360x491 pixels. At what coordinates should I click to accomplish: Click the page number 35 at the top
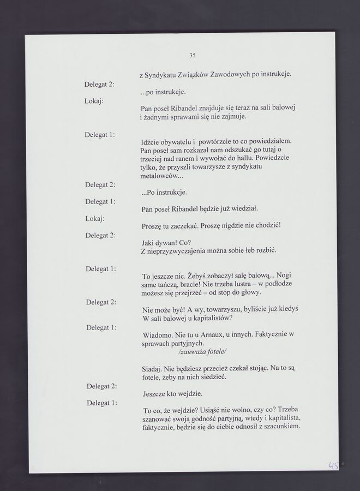(x=193, y=55)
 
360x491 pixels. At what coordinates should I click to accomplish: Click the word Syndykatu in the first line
(x=163, y=74)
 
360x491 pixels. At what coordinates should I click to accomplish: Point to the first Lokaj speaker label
(x=94, y=101)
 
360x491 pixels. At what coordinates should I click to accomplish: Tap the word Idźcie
(x=152, y=141)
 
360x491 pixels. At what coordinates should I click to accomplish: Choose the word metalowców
(x=159, y=178)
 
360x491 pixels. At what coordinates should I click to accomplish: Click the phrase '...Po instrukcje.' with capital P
(x=164, y=192)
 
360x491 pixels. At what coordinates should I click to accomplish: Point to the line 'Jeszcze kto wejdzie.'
(x=172, y=393)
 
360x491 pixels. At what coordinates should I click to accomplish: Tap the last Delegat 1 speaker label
(x=102, y=403)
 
